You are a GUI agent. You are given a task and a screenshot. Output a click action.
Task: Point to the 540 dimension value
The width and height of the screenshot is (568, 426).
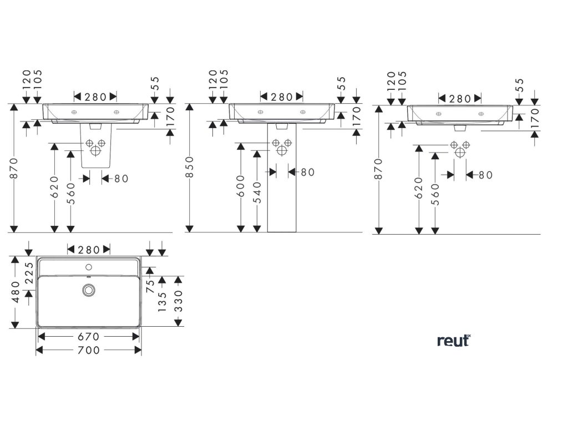257,191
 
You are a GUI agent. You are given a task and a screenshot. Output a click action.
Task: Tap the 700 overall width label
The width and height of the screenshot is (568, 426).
89,350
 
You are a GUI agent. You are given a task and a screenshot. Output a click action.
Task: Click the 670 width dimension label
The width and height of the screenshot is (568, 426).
88,337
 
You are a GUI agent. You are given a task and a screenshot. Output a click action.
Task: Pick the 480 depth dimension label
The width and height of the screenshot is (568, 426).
15,292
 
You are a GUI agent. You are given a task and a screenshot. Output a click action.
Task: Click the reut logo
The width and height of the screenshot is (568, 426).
453,341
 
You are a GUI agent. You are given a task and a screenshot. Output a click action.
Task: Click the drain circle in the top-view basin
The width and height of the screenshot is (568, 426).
89,290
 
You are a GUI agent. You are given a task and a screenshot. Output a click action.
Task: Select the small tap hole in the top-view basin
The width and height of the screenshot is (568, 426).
89,267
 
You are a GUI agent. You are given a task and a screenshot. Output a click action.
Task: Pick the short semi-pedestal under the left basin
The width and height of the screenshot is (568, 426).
97,147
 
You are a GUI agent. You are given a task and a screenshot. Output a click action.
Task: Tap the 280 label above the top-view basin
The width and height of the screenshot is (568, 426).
89,250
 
